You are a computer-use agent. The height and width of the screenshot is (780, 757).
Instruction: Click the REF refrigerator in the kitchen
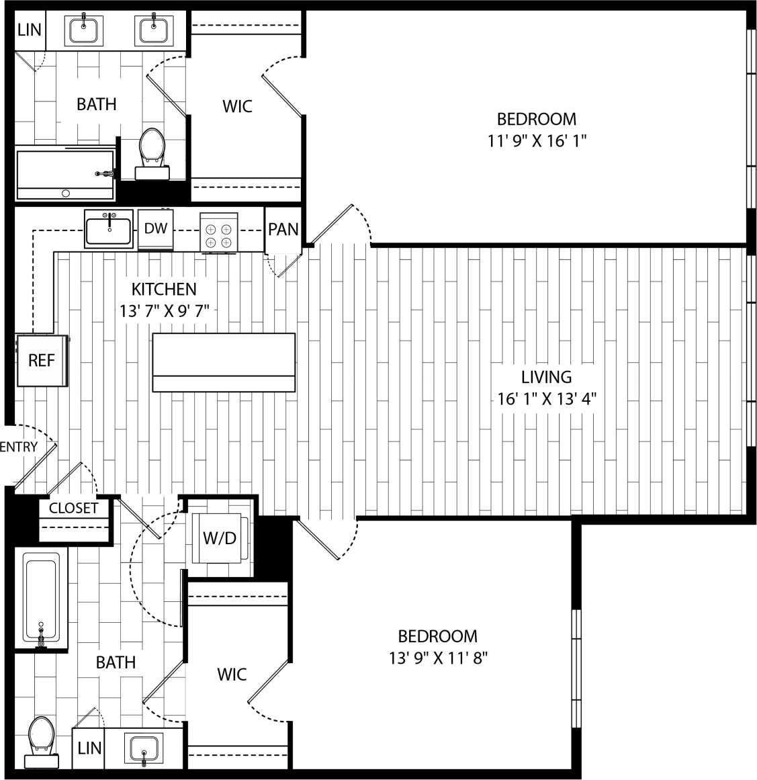tap(41, 361)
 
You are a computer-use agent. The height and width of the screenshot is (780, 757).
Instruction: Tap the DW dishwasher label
tap(156, 228)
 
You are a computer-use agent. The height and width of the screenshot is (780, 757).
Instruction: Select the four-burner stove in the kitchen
tap(219, 232)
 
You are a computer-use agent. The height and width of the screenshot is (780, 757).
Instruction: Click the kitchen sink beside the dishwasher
tap(109, 229)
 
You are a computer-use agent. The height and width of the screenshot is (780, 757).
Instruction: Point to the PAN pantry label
tap(283, 230)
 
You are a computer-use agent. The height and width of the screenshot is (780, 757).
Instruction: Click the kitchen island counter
tap(224, 362)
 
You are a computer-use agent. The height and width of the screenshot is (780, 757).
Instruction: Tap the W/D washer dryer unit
tap(220, 538)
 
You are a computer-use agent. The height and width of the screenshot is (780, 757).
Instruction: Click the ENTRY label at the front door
tap(19, 447)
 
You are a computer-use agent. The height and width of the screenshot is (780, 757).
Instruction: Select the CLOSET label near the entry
tap(73, 508)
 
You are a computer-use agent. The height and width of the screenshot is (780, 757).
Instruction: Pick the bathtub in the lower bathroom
tap(41, 598)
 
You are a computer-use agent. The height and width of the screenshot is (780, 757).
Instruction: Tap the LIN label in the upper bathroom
tap(29, 30)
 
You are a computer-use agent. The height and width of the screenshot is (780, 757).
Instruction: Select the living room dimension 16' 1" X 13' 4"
tap(547, 399)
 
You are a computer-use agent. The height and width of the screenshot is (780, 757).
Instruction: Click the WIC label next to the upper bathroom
tap(237, 106)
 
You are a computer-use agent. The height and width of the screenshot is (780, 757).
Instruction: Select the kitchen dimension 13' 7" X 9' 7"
tap(165, 310)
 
